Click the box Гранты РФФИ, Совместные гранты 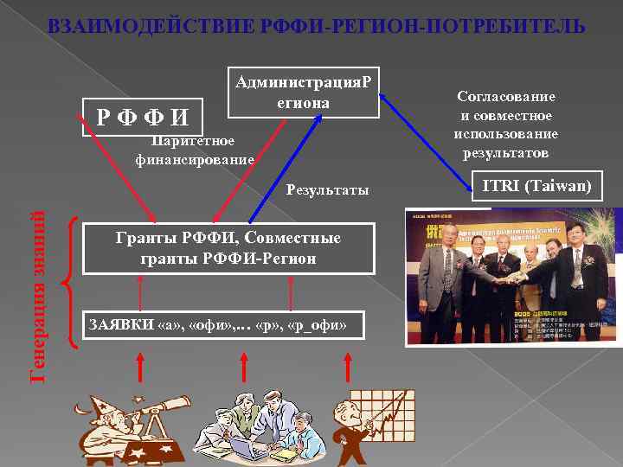tap(228, 247)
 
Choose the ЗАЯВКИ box tap(220, 324)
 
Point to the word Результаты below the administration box tap(327, 189)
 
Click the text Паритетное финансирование tap(194, 150)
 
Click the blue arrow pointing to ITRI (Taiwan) tap(424, 139)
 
